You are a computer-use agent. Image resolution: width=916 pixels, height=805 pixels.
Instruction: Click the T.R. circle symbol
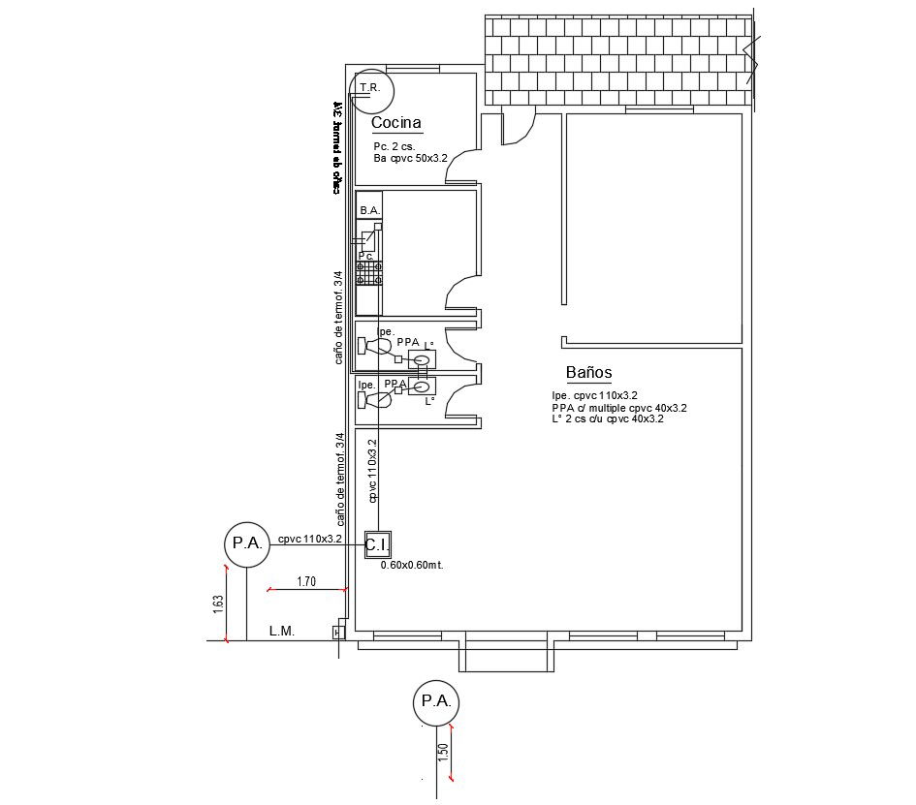coord(372,89)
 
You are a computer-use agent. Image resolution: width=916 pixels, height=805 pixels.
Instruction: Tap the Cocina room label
coord(396,123)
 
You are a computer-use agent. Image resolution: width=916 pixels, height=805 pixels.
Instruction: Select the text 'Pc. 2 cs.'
coord(394,146)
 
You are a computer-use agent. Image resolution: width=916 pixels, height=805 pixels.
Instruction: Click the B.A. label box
coord(369,210)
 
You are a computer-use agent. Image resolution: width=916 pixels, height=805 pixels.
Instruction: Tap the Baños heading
coord(588,373)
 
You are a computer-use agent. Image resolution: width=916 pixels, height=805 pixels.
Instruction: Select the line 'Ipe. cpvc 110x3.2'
coord(594,396)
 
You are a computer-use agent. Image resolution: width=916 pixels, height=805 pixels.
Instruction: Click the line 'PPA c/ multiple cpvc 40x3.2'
coord(618,408)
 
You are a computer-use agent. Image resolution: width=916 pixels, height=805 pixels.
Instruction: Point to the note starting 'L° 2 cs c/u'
coord(607,419)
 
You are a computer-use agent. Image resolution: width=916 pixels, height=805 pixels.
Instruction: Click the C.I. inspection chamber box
coord(377,545)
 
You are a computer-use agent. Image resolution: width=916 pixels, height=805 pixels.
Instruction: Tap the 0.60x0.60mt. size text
coord(411,565)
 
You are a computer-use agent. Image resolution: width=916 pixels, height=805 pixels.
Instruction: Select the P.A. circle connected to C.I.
coord(246,543)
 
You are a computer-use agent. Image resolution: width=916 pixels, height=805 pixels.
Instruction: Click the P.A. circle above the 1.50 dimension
coord(434,701)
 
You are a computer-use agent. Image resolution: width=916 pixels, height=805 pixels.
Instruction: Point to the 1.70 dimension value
coord(306,582)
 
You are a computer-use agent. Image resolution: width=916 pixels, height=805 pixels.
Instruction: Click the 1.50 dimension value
coord(444,752)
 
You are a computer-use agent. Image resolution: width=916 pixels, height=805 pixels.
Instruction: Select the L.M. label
coord(282,632)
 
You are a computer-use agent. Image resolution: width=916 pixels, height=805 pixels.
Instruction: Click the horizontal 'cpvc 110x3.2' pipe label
coord(310,539)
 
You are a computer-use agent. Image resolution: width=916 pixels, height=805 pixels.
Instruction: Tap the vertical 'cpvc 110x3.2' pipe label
coord(373,469)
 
